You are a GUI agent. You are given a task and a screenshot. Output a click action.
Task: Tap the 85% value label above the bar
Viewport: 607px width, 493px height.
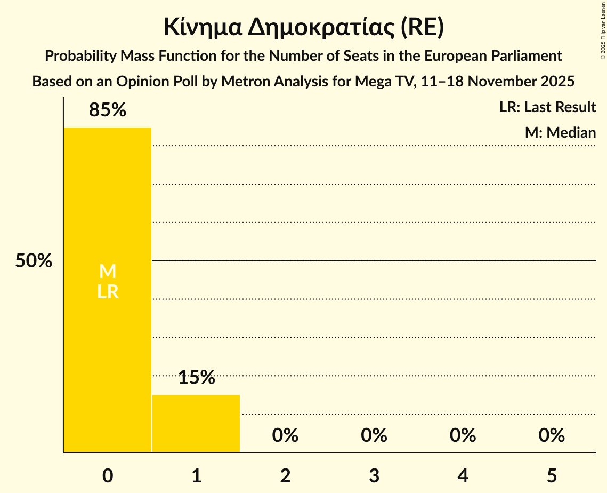pyautogui.click(x=108, y=110)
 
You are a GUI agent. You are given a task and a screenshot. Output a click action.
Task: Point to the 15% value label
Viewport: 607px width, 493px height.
pyautogui.click(x=196, y=378)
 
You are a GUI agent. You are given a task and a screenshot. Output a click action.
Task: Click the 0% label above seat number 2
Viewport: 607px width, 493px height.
pyautogui.click(x=285, y=435)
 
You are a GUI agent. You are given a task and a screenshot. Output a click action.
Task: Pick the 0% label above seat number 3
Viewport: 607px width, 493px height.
pyautogui.click(x=374, y=435)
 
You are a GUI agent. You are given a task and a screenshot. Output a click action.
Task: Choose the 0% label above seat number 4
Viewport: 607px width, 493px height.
pyautogui.click(x=463, y=435)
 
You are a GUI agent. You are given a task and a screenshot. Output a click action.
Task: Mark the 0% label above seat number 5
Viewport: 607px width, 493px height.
pyautogui.click(x=552, y=435)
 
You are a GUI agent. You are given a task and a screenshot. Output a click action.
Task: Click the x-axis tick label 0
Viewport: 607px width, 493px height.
pyautogui.click(x=108, y=475)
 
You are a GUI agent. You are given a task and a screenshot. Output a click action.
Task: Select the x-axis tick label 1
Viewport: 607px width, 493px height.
pyautogui.click(x=196, y=475)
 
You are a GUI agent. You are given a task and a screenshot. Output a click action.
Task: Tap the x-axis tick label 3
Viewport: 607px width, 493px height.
pyautogui.click(x=374, y=475)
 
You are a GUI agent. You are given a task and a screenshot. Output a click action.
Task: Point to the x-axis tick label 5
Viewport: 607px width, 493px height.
pyautogui.click(x=552, y=475)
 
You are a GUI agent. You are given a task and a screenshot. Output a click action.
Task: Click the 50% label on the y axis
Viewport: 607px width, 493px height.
pyautogui.click(x=34, y=261)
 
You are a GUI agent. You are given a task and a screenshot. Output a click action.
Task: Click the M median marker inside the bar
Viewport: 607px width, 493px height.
pyautogui.click(x=108, y=272)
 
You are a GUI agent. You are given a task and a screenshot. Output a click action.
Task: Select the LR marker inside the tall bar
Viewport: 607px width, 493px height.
pyautogui.click(x=108, y=292)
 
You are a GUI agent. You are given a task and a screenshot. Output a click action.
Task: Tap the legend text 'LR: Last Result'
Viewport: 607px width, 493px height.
pyautogui.click(x=547, y=107)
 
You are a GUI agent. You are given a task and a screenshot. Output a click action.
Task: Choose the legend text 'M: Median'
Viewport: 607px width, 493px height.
pyautogui.click(x=560, y=132)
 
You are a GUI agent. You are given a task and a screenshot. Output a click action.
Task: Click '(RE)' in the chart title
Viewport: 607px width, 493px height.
pyautogui.click(x=423, y=28)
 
